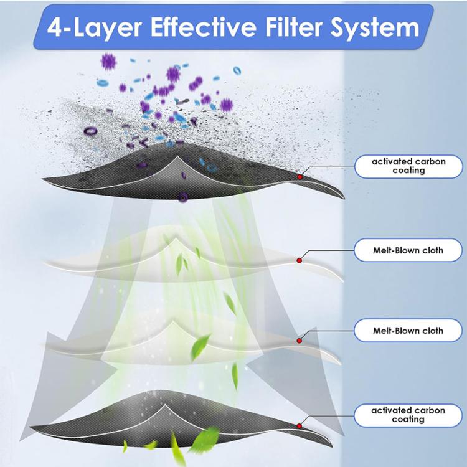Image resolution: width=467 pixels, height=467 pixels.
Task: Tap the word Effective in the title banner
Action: pos(204,27)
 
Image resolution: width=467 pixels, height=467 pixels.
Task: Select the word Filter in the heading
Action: pos(293,27)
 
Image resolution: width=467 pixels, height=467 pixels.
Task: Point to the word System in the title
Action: pos(375,28)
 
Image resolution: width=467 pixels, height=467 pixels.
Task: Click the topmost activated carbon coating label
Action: pos(408,166)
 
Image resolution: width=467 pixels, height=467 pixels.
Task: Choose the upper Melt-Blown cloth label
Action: pos(408,250)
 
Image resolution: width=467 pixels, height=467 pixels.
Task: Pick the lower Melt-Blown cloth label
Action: pos(408,331)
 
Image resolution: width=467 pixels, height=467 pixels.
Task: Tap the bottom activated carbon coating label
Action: pos(408,415)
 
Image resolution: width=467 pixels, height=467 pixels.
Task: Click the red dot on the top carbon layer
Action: pos(300,177)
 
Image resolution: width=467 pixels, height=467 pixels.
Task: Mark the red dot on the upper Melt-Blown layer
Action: pos(300,261)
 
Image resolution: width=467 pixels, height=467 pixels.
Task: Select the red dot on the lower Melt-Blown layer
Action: pos(300,341)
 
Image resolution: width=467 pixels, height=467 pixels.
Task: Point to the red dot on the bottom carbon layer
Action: pos(300,426)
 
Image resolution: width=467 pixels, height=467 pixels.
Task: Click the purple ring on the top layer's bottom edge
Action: pos(183,197)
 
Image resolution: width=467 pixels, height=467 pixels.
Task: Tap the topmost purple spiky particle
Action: pos(108,62)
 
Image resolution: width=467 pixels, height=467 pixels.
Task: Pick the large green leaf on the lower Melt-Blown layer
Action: pos(200,347)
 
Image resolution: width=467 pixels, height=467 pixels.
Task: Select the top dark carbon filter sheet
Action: pos(194,172)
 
